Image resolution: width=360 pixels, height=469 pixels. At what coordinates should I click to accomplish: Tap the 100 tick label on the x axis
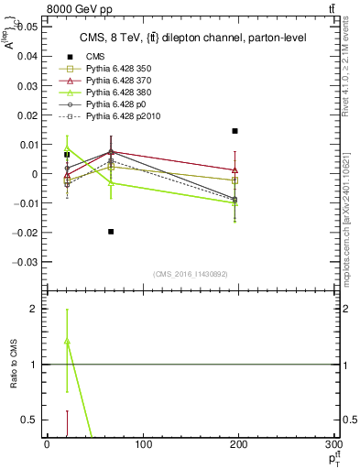tap(143, 444)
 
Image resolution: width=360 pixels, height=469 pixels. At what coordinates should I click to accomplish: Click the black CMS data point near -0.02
tap(111, 232)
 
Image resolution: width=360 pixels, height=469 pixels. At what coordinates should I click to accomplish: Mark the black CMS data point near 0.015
tap(235, 131)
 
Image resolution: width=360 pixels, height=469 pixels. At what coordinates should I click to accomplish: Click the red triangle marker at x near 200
tap(235, 169)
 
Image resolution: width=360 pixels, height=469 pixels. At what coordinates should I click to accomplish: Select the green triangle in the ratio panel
tap(67, 342)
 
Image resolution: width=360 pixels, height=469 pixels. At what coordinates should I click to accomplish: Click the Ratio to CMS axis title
tap(13, 361)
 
